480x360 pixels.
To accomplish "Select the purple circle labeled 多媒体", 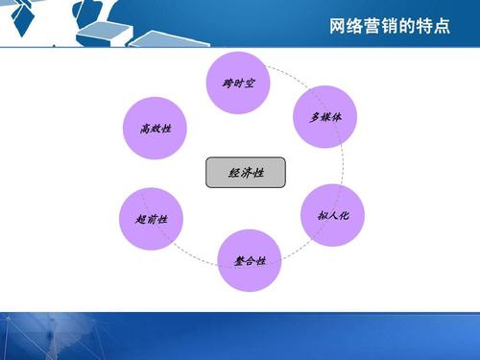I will [x=324, y=116].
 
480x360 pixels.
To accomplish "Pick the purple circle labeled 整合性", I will [x=250, y=260].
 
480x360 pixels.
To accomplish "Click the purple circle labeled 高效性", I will [x=156, y=127].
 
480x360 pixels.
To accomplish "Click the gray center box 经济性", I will [x=246, y=173].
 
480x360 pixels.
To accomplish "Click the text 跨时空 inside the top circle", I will [x=238, y=83].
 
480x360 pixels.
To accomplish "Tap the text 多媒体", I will [x=324, y=117].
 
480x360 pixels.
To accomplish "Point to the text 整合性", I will [x=250, y=261].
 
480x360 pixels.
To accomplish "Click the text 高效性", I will [x=156, y=128].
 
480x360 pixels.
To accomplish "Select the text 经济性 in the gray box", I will [x=246, y=174].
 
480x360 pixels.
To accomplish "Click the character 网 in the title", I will [x=336, y=26].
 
